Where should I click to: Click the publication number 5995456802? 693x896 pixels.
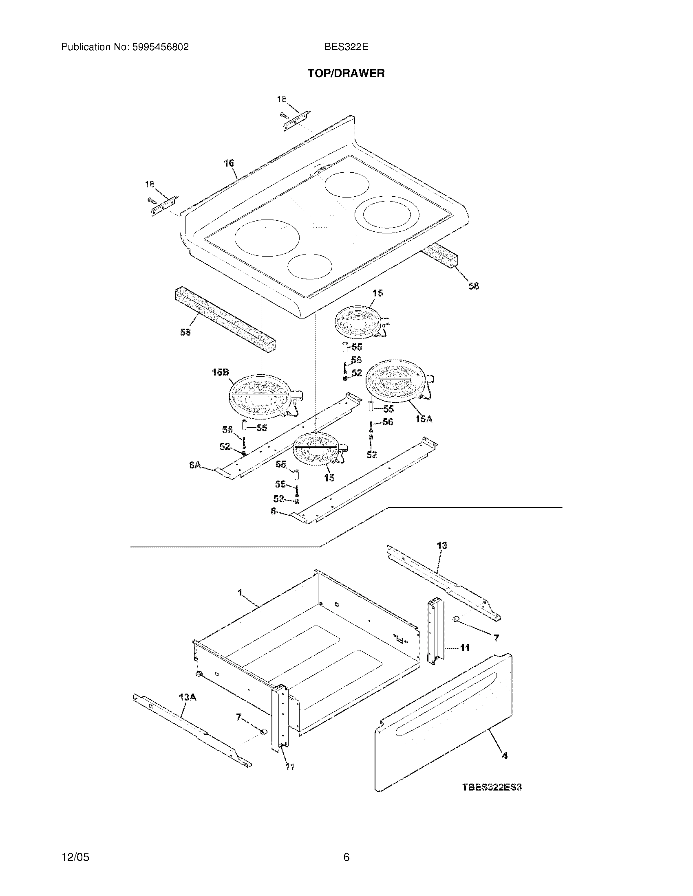click(160, 47)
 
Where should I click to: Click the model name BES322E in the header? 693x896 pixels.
click(346, 47)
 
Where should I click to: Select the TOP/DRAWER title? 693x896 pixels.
click(346, 73)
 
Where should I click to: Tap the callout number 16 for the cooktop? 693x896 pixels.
click(229, 163)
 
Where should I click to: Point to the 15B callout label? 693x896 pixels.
click(220, 373)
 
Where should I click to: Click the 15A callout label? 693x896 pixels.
click(424, 419)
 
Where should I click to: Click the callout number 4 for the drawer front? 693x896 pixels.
click(505, 755)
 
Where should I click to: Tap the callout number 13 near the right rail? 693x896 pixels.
click(442, 545)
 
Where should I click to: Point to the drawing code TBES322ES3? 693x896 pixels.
click(492, 787)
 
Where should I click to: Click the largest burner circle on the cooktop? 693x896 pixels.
click(267, 237)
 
